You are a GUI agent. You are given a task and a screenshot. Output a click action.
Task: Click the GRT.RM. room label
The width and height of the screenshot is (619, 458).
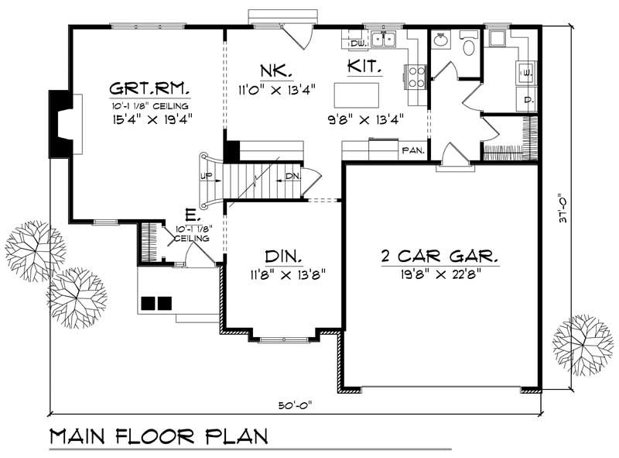pos(149,88)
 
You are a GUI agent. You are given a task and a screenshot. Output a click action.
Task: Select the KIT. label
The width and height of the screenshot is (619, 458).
pos(364,66)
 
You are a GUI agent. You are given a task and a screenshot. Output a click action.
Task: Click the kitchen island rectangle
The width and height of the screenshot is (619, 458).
pos(357,95)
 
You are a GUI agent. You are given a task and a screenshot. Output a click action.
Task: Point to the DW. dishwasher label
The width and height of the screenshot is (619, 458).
pos(358,43)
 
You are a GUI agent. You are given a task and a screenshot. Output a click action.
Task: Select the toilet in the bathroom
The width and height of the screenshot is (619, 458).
pos(469,44)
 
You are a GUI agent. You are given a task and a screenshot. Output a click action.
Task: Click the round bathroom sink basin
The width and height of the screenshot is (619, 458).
pos(439,40)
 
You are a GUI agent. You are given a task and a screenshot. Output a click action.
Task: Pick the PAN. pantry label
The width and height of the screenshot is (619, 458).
pos(413,150)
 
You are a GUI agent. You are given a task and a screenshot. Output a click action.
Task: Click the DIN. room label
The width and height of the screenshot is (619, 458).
pos(284,257)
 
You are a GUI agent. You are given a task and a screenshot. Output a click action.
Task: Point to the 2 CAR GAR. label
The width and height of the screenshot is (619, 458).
pos(439,257)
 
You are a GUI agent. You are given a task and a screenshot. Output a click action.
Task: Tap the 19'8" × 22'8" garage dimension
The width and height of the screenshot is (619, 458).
pos(440,274)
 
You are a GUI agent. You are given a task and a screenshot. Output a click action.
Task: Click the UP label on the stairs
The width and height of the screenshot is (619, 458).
pos(206,176)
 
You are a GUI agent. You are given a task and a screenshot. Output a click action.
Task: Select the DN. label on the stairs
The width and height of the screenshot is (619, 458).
pos(293,176)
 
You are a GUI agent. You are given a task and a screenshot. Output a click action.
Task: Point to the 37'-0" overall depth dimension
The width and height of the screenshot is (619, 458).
pos(563,208)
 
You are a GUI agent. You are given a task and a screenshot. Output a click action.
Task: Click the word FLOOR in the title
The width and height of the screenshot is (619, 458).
pos(155,436)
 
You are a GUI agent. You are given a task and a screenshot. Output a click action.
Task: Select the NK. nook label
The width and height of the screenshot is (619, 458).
pos(276,71)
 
